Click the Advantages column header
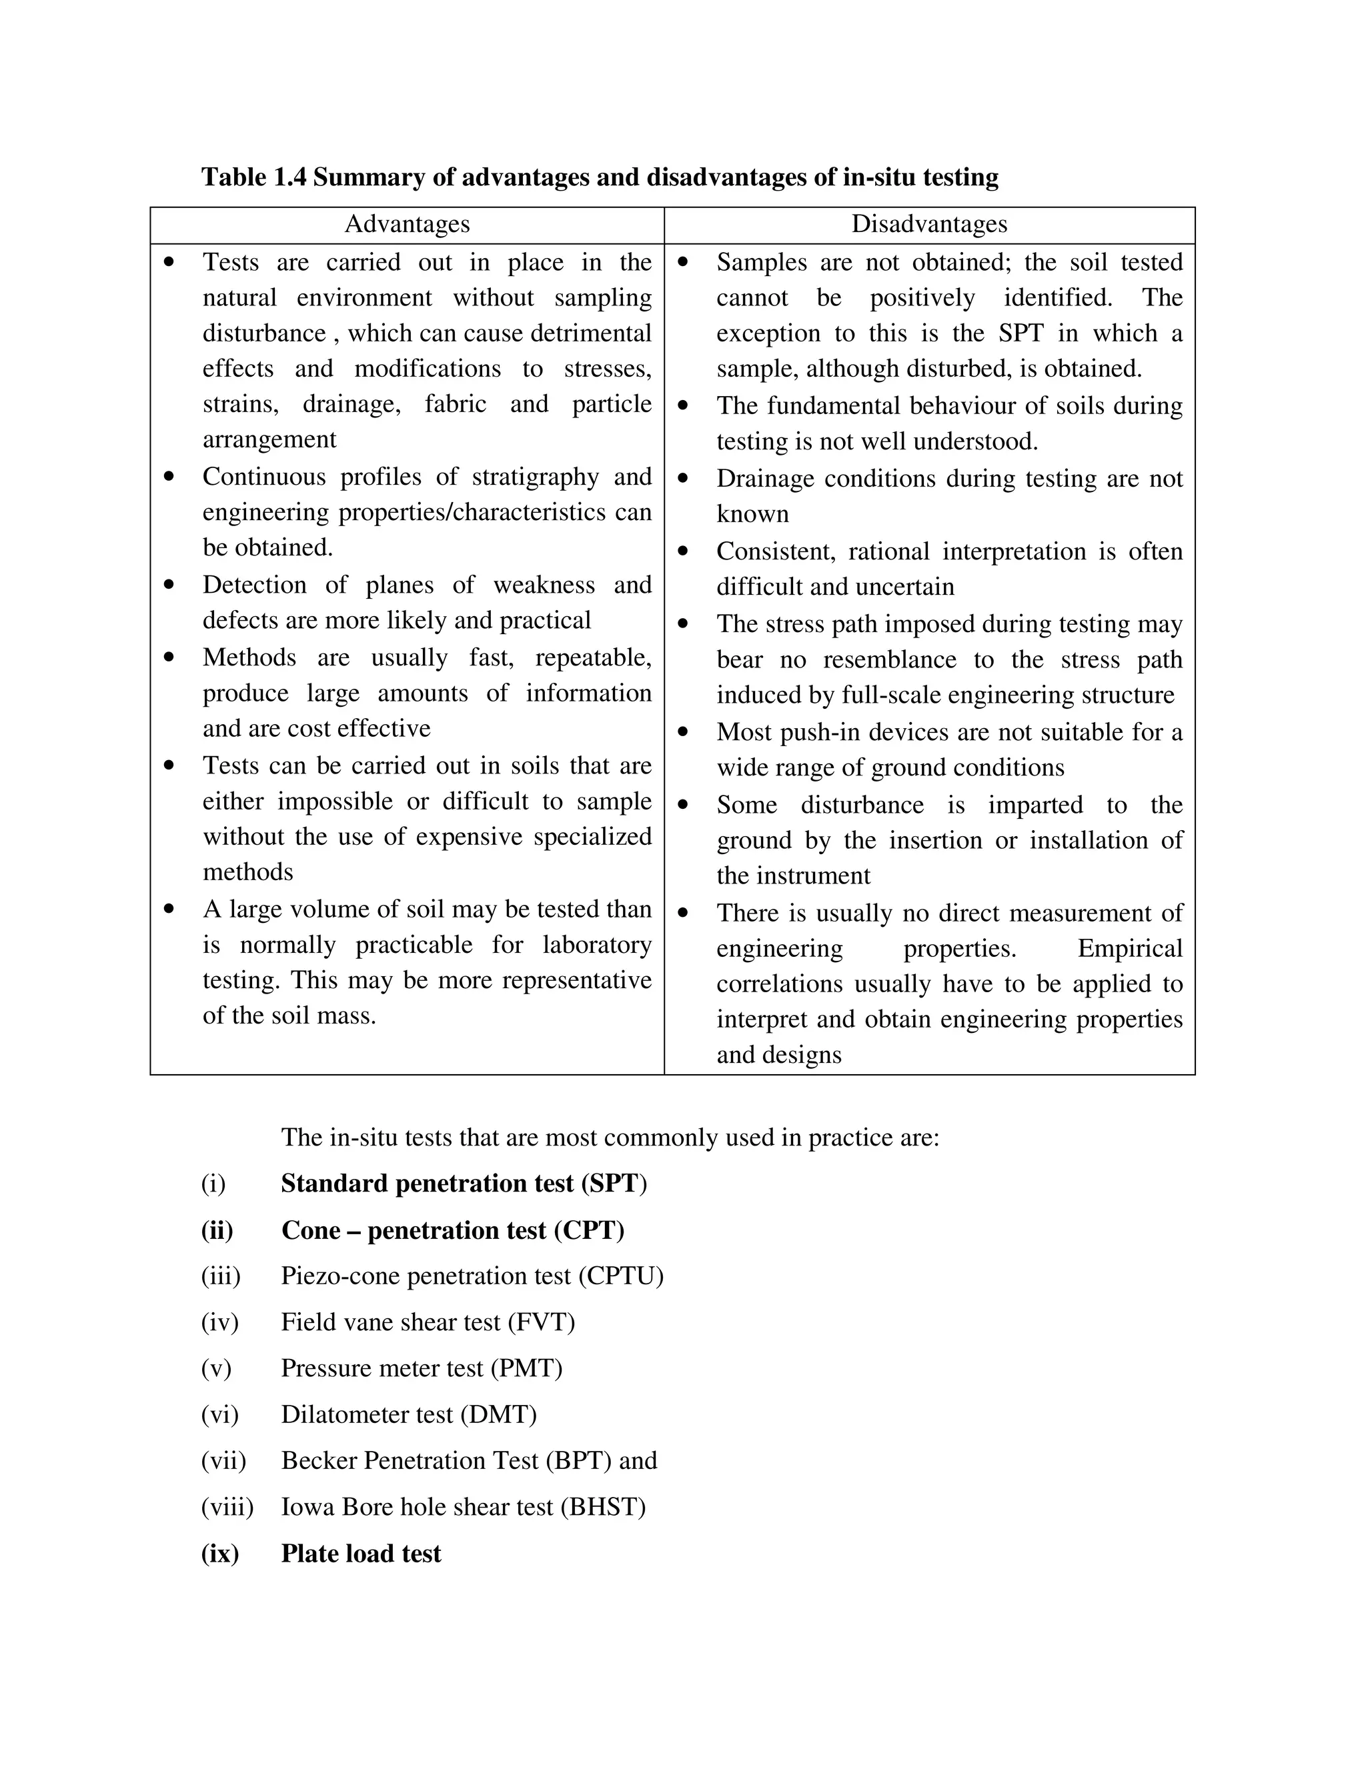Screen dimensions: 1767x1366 coord(407,224)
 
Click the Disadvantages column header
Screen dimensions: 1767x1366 coord(929,224)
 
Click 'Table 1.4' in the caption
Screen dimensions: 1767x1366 coord(253,177)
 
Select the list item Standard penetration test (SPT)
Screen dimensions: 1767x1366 coord(464,1184)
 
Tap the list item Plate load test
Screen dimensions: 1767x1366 coord(361,1554)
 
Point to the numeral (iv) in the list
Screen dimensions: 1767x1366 coord(219,1322)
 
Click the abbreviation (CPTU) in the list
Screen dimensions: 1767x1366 coord(621,1276)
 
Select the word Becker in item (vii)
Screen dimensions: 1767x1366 coord(319,1460)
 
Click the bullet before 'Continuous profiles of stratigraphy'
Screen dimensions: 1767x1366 coord(168,477)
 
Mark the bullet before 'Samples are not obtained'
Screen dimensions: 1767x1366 coord(683,262)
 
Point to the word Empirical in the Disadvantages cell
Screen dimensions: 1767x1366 coord(1129,948)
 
